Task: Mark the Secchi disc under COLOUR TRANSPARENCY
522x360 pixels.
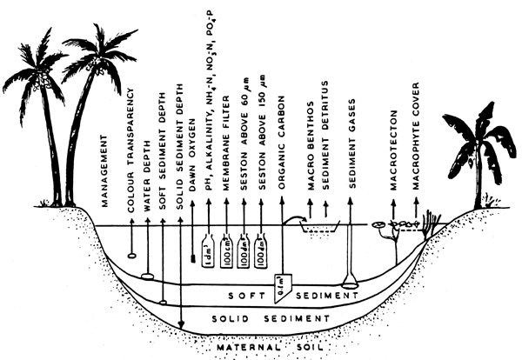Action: click(131, 255)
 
